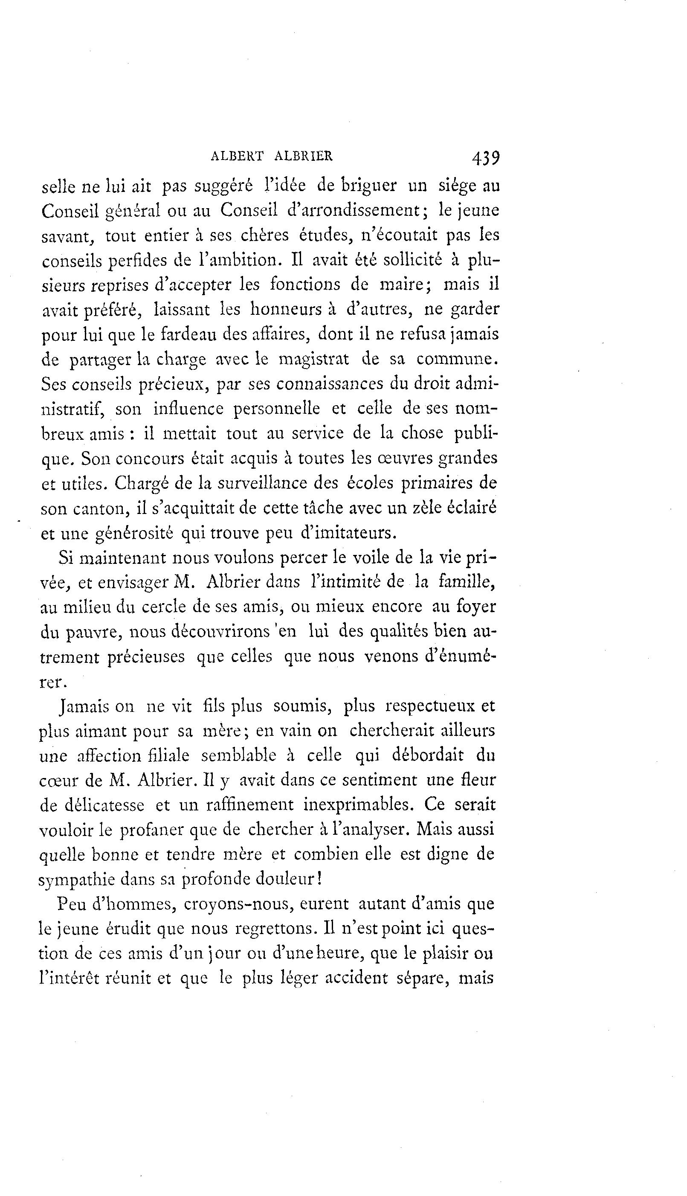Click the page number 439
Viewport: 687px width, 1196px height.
(485, 157)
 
